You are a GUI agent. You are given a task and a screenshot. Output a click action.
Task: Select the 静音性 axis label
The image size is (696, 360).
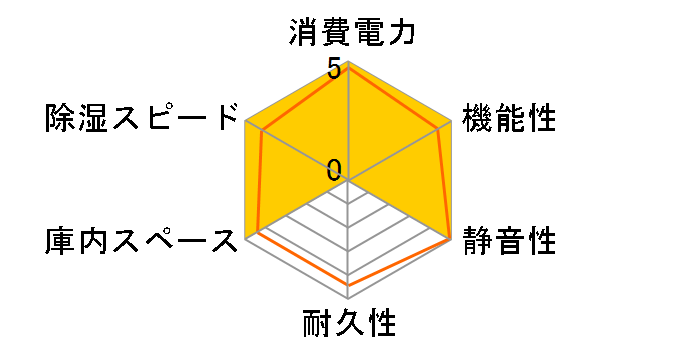[x=511, y=241]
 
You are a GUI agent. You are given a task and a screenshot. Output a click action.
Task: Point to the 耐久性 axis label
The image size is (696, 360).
[x=349, y=326]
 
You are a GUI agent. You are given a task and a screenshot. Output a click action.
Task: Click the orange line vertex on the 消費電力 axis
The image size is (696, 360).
[x=349, y=69]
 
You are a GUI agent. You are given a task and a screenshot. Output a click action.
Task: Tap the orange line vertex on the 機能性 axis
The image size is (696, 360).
[x=439, y=129]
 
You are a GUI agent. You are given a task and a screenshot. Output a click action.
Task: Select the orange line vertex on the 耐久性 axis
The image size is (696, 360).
[x=349, y=285]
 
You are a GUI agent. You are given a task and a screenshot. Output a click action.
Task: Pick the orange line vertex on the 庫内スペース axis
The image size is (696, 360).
[x=257, y=231]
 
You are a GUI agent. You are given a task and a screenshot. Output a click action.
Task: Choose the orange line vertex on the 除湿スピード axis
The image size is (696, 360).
[x=262, y=131]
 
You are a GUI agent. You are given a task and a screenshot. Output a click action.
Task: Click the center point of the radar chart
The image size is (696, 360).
[x=349, y=180]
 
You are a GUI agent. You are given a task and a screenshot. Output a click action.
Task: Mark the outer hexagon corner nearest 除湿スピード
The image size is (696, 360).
[x=246, y=121]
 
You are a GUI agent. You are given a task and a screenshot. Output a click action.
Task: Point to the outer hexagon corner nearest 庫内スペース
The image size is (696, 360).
[x=246, y=239]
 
